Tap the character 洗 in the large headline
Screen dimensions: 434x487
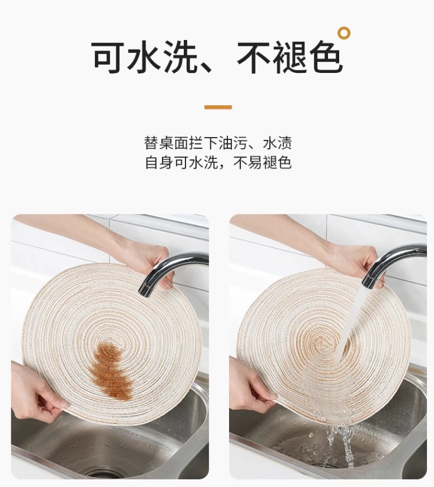(181, 58)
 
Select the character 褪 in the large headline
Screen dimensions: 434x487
(290, 58)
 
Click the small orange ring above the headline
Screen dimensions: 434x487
(344, 32)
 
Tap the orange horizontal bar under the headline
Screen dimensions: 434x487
(218, 107)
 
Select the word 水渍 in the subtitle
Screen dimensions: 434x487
(277, 143)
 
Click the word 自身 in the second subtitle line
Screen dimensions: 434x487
(159, 162)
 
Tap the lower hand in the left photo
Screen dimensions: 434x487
(37, 391)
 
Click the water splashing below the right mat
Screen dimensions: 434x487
(340, 444)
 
